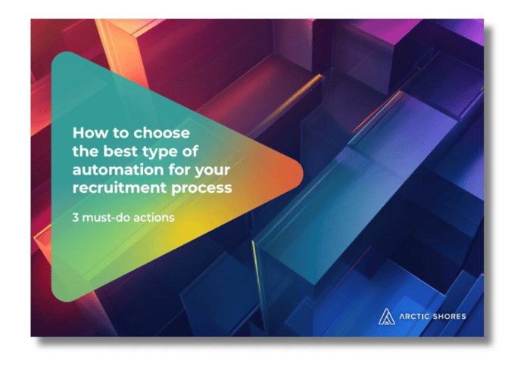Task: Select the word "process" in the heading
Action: [201, 189]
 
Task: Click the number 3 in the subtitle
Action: [76, 218]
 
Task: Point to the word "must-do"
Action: [106, 218]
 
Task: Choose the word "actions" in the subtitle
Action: [154, 218]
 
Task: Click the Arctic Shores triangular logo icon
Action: [386, 317]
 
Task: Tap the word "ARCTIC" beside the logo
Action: [414, 317]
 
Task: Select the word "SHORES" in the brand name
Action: [449, 317]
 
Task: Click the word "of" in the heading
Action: [190, 151]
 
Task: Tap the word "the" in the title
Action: [86, 151]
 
